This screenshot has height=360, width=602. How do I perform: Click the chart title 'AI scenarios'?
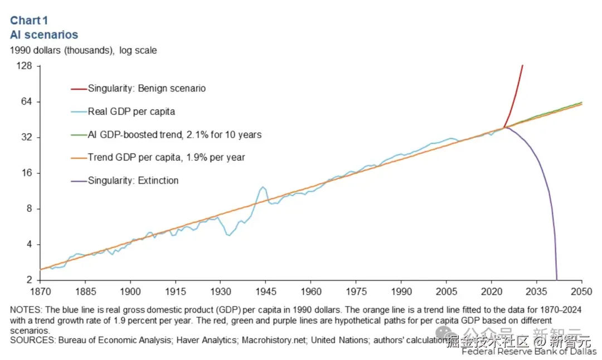[x=44, y=35]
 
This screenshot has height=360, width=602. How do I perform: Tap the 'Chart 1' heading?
[x=29, y=21]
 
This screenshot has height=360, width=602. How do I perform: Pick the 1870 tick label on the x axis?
[x=40, y=291]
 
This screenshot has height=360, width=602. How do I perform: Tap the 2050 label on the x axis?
[x=581, y=291]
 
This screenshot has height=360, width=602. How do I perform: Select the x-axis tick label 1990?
[x=401, y=291]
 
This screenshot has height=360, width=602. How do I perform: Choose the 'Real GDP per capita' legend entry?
[x=131, y=111]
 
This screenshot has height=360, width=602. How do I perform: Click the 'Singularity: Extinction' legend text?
[x=133, y=181]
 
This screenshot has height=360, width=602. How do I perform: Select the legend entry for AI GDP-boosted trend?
[x=174, y=134]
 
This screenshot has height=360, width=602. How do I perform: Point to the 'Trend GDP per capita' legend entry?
[x=166, y=157]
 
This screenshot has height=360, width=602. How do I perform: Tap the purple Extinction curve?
[x=543, y=173]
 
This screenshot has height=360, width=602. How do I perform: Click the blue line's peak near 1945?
[x=263, y=187]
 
